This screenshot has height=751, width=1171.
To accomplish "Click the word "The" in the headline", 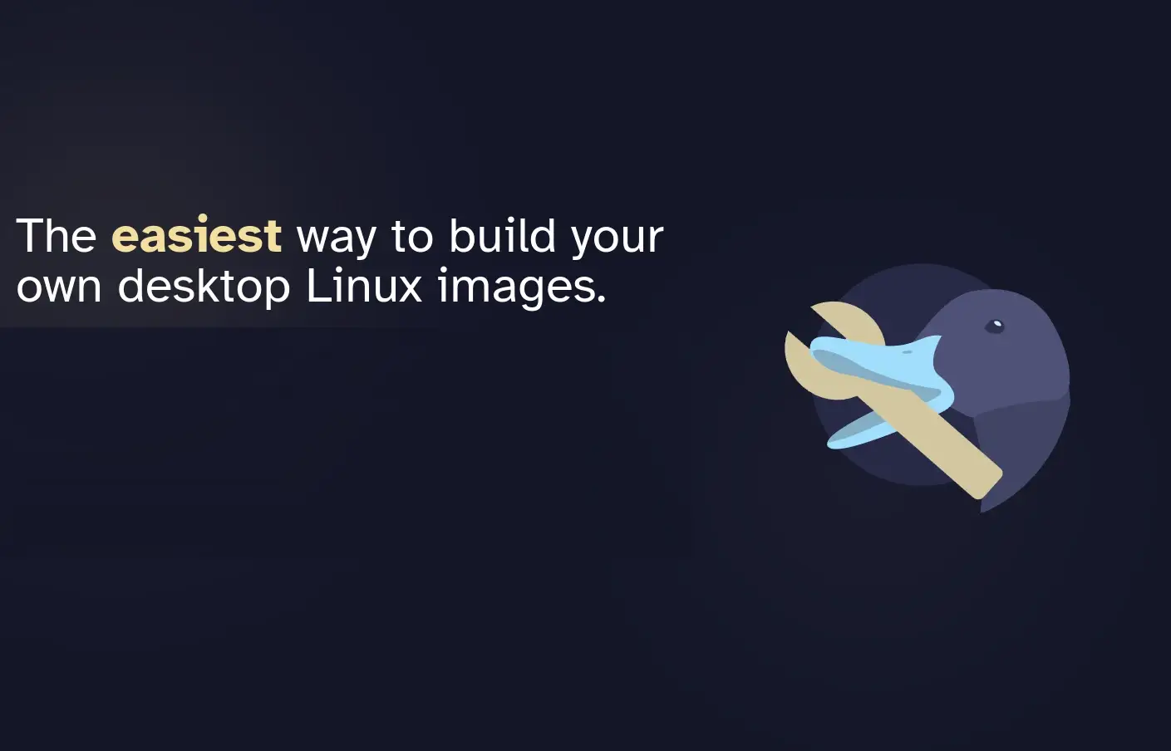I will click(x=57, y=236).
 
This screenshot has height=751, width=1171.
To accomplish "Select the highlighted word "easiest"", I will click(x=197, y=236).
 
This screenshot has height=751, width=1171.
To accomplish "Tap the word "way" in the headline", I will click(x=337, y=238).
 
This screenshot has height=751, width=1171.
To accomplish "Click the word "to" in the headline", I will click(x=412, y=236).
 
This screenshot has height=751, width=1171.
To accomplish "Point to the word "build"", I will click(x=502, y=236).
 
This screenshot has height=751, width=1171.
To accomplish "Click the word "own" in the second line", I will click(x=59, y=287).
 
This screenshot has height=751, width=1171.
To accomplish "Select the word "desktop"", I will click(x=204, y=287).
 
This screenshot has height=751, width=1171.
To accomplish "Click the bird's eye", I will click(x=994, y=326).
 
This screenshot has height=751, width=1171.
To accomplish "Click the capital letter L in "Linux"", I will click(x=317, y=286).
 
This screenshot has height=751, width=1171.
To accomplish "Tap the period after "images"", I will click(x=601, y=300).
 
